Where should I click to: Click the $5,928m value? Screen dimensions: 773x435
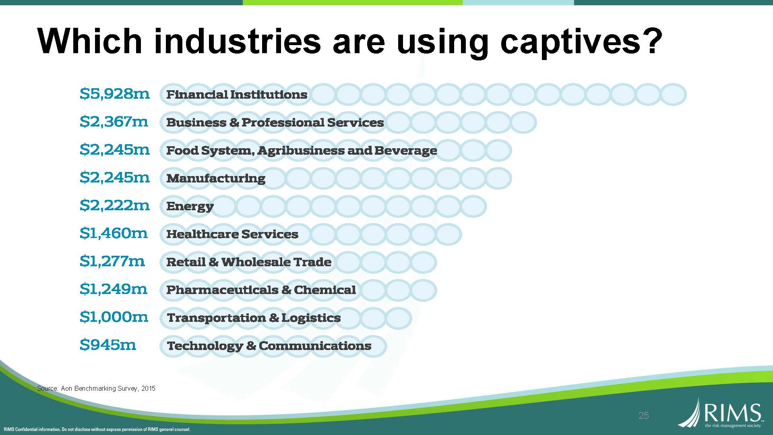tap(115, 94)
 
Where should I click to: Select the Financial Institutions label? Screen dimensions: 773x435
tap(237, 95)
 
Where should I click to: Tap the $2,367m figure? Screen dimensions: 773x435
tap(114, 122)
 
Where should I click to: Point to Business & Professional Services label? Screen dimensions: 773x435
tap(275, 122)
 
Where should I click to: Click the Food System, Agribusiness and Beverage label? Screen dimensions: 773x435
tap(302, 151)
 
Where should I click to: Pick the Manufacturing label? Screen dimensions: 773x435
tap(216, 178)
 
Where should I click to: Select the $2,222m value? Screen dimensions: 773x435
tap(115, 205)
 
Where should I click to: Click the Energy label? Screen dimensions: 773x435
tap(190, 206)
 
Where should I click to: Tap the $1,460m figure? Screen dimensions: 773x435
tap(114, 233)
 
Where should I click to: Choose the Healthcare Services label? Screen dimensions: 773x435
tap(232, 234)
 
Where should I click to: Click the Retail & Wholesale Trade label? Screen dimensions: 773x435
tap(249, 262)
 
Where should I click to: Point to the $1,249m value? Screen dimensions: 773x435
tap(114, 289)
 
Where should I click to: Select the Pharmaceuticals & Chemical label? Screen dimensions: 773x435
tap(261, 290)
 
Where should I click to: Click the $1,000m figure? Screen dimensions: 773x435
tap(114, 317)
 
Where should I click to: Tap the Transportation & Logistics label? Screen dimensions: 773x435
tap(254, 318)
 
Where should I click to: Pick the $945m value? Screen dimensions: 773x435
tap(108, 345)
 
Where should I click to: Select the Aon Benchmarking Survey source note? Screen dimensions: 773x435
tap(96, 388)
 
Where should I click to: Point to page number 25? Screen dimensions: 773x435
tap(643, 416)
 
